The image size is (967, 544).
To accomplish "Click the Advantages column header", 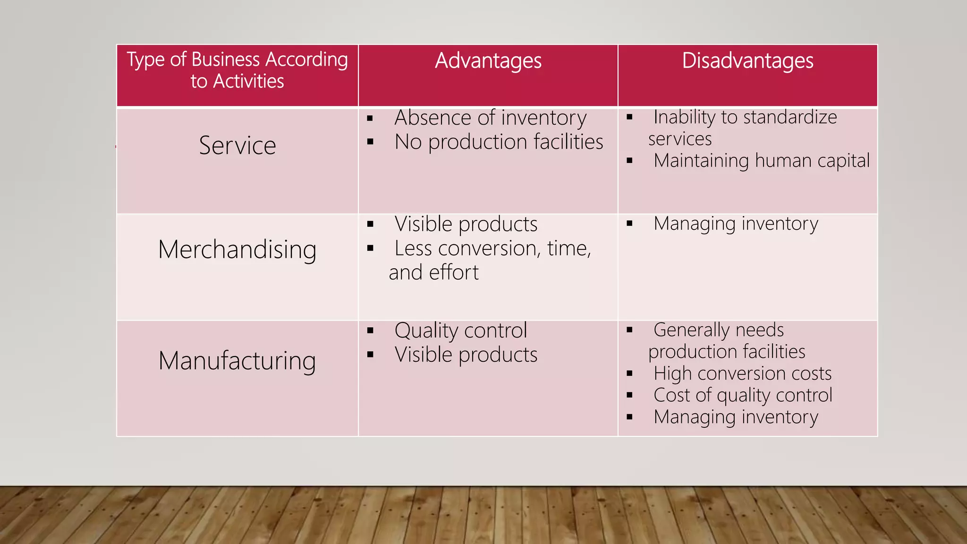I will (x=488, y=61).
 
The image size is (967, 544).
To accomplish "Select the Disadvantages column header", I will (x=747, y=61).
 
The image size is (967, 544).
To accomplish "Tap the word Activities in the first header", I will (x=248, y=81).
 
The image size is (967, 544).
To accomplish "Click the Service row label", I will (x=238, y=145).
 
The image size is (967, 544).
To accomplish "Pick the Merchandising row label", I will (x=237, y=250).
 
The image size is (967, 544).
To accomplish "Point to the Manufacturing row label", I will (x=237, y=361).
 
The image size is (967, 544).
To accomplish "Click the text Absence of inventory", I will (x=491, y=118).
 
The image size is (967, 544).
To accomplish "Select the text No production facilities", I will (x=499, y=142).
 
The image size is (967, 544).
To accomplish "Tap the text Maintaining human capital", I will (x=761, y=161).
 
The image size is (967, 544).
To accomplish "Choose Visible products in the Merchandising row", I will (x=466, y=224).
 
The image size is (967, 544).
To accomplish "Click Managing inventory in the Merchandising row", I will (x=736, y=223).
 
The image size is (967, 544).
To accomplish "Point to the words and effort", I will (x=433, y=272).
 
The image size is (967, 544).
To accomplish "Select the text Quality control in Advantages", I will (x=460, y=330).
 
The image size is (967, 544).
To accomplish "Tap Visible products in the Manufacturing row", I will (x=466, y=355).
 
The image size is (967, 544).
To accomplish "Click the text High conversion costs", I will (x=742, y=374).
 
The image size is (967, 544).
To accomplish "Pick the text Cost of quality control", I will (x=743, y=395).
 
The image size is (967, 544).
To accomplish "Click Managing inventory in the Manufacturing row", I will (x=736, y=417).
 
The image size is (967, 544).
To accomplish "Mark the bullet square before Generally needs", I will (x=629, y=330).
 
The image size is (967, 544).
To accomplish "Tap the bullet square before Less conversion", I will (x=370, y=248).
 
